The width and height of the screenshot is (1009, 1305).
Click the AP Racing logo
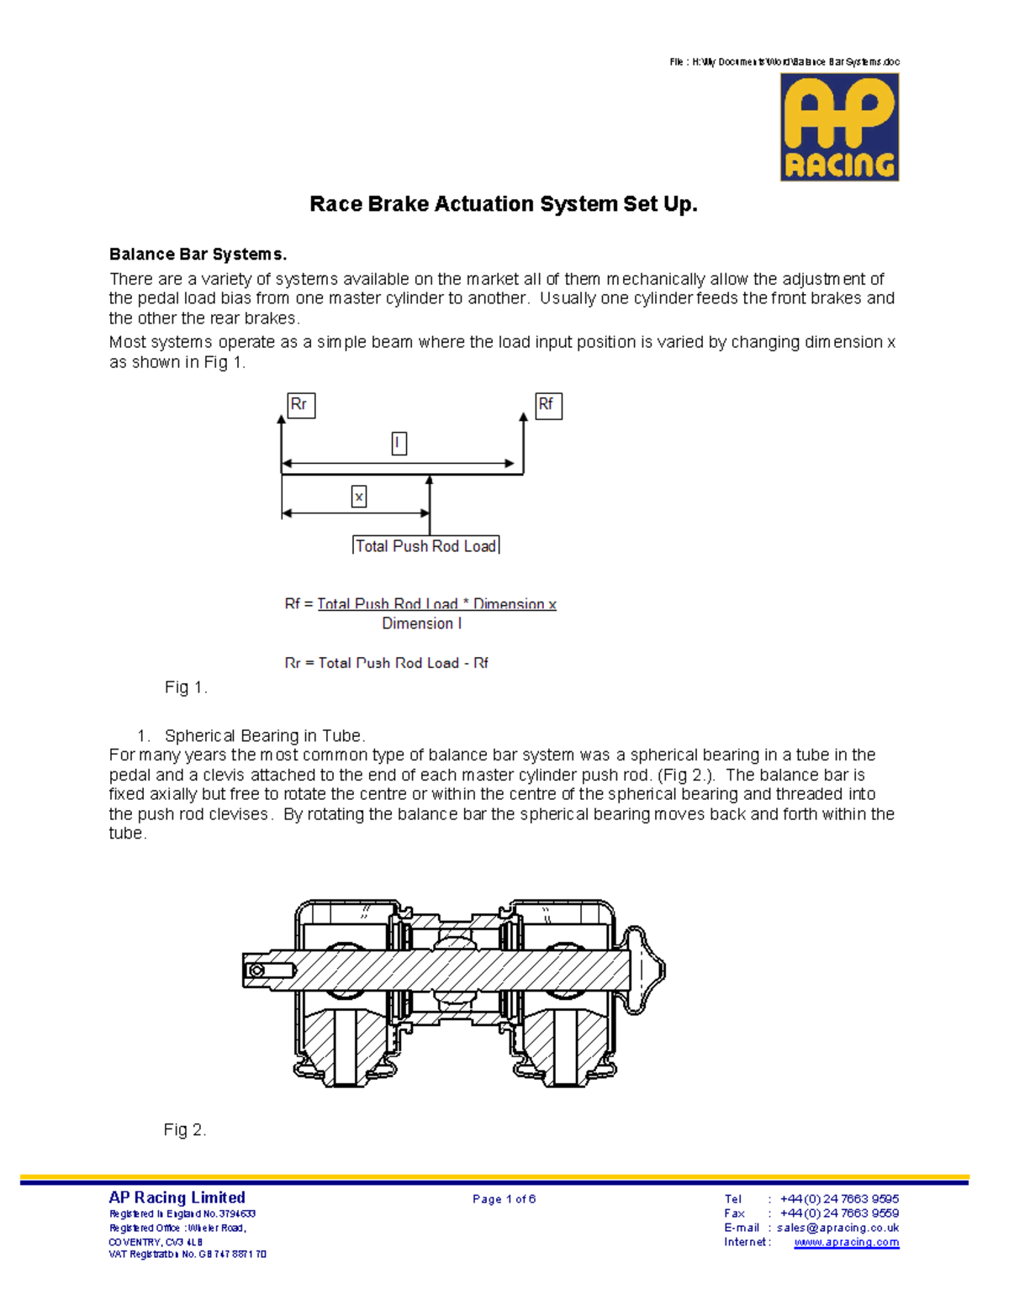[839, 127]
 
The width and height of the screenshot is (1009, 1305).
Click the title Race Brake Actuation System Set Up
[504, 204]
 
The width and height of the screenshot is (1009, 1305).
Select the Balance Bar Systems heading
[198, 255]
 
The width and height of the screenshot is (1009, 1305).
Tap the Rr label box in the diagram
[300, 405]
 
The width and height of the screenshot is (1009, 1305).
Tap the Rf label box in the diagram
[547, 405]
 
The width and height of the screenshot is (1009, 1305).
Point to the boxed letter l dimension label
[399, 443]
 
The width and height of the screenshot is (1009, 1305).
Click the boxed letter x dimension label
[359, 497]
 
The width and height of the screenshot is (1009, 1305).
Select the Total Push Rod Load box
[425, 545]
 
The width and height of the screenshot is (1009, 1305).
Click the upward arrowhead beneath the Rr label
[282, 419]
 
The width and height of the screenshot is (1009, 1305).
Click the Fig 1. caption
[186, 687]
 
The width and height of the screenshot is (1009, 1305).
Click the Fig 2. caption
[185, 1130]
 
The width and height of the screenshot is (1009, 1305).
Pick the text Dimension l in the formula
[422, 624]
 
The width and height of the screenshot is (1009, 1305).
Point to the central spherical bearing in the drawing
[455, 971]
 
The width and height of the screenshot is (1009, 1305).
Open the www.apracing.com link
[846, 1242]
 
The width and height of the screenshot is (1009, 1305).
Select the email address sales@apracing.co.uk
[837, 1228]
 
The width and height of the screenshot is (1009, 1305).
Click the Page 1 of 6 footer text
[504, 1199]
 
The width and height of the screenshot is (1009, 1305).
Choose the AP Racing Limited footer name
[177, 1197]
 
